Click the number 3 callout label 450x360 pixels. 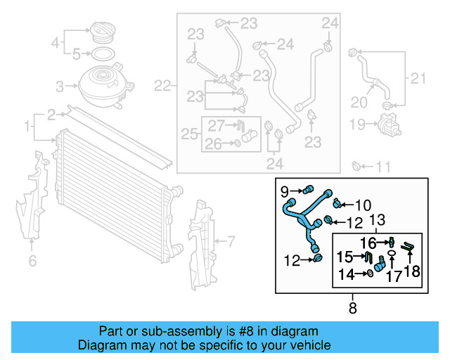tap(60, 86)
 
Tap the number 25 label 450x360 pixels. tap(188, 134)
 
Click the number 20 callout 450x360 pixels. tap(359, 103)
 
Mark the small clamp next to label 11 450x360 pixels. tap(356, 166)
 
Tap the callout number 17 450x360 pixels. tap(393, 276)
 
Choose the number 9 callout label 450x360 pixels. tap(285, 191)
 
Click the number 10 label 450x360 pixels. tap(362, 206)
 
